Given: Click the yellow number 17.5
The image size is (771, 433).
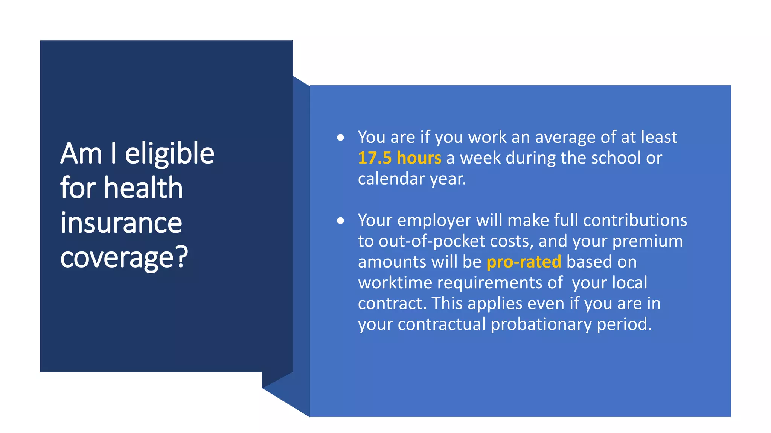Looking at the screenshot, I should [x=375, y=158].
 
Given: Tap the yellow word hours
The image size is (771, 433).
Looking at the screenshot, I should [x=419, y=158].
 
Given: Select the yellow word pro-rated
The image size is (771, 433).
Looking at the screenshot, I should [x=524, y=262].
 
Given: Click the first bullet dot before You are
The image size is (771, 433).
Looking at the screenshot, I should [x=341, y=138].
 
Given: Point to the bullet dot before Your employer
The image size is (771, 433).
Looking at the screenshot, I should [x=341, y=221].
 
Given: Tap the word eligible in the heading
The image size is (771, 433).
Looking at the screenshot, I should [x=169, y=154].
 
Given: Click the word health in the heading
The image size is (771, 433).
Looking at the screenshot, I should [x=143, y=188].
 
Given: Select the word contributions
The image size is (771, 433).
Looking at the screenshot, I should [x=635, y=221].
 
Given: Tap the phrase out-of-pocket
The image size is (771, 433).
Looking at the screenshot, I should [x=432, y=241].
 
